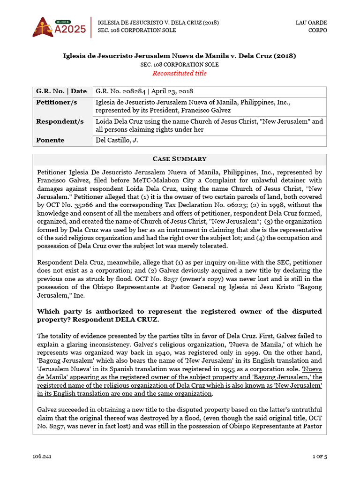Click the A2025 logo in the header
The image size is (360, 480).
point(59,27)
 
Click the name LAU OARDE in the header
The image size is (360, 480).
point(311,22)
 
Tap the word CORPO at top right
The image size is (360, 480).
point(317,30)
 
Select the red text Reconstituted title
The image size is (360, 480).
point(180,73)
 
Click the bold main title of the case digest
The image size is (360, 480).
point(180,56)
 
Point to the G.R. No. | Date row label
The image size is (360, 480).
point(61,91)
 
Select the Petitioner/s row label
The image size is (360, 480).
point(57,102)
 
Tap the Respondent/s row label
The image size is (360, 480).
point(60,121)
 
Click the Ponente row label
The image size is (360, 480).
point(50,140)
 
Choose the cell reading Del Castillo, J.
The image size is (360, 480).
point(117,140)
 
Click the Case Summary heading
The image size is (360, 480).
point(180,159)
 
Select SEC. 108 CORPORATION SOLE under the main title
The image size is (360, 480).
point(180,65)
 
